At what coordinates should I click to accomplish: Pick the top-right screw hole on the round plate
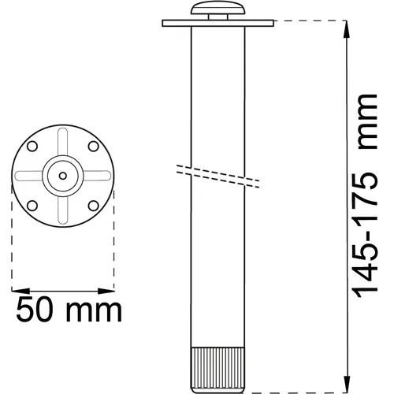click(94, 147)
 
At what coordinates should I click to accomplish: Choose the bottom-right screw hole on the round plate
click(94, 206)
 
